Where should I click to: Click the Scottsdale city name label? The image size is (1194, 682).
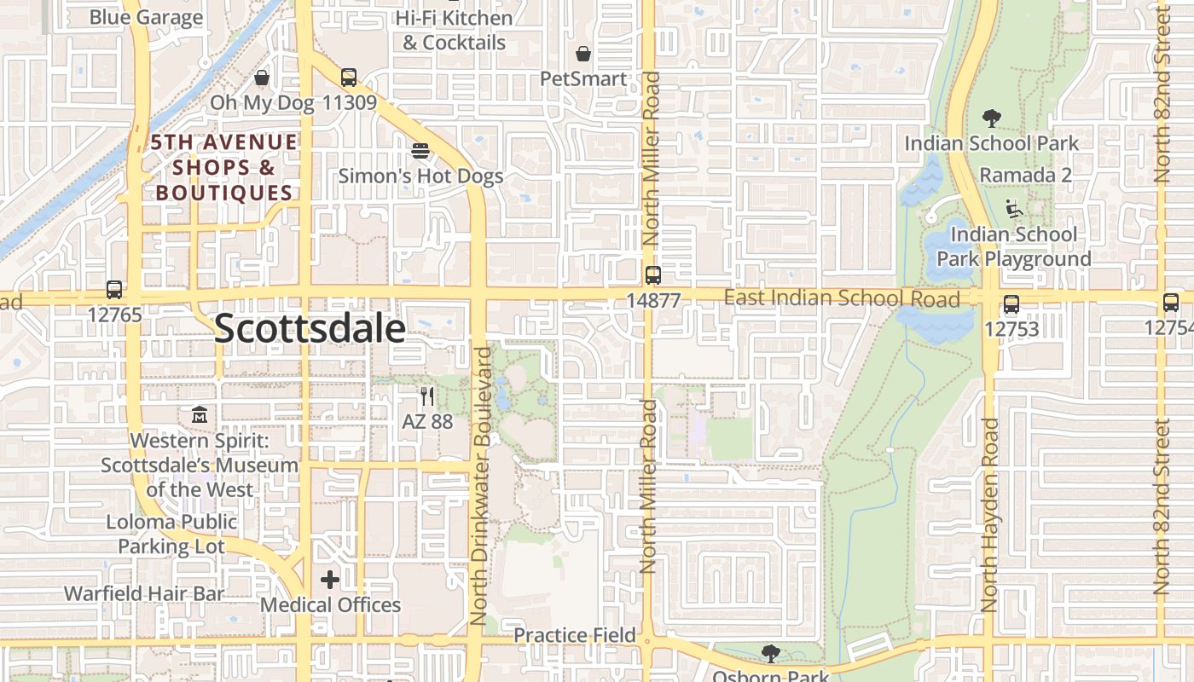(310, 328)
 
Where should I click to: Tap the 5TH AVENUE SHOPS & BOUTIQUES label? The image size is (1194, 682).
(225, 167)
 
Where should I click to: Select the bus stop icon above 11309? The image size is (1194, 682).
(348, 78)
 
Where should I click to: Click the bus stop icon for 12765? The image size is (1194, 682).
(114, 290)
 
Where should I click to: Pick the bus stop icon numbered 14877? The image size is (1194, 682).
(653, 275)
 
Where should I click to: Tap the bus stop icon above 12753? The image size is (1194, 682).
(1011, 303)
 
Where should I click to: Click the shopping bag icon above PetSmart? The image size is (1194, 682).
(583, 55)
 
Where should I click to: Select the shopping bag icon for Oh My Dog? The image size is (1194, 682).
(262, 78)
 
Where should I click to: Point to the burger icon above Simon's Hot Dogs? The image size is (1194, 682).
(420, 151)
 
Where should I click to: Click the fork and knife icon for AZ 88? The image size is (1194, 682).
(427, 396)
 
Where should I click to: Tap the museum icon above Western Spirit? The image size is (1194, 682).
(200, 415)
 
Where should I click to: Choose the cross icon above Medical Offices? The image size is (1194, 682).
(330, 581)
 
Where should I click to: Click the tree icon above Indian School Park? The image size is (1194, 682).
(991, 118)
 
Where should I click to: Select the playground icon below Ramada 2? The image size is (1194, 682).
(1014, 208)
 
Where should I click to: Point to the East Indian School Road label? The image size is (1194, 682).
(841, 298)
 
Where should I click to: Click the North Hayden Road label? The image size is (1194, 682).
(989, 515)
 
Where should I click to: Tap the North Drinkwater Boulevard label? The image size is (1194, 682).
(479, 486)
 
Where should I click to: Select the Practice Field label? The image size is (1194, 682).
(575, 635)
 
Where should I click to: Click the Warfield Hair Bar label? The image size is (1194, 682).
(144, 593)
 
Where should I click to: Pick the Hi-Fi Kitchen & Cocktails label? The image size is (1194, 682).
(455, 30)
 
